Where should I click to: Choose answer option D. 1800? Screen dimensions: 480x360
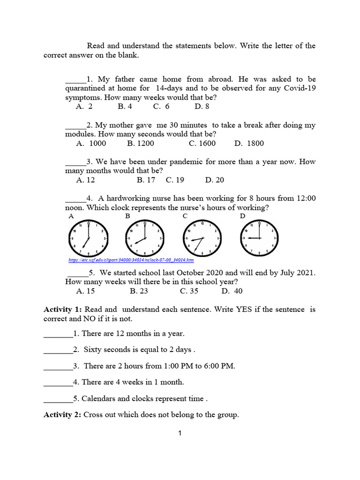(x=249, y=143)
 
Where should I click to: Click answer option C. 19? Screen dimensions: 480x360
(x=175, y=180)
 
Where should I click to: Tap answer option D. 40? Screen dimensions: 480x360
(x=232, y=291)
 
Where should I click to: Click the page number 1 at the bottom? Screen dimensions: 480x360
(x=180, y=434)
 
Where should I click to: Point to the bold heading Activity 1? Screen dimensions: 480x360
(x=63, y=309)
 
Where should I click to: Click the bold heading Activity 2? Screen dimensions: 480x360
(x=63, y=414)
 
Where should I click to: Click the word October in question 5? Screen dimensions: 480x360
(x=185, y=272)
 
